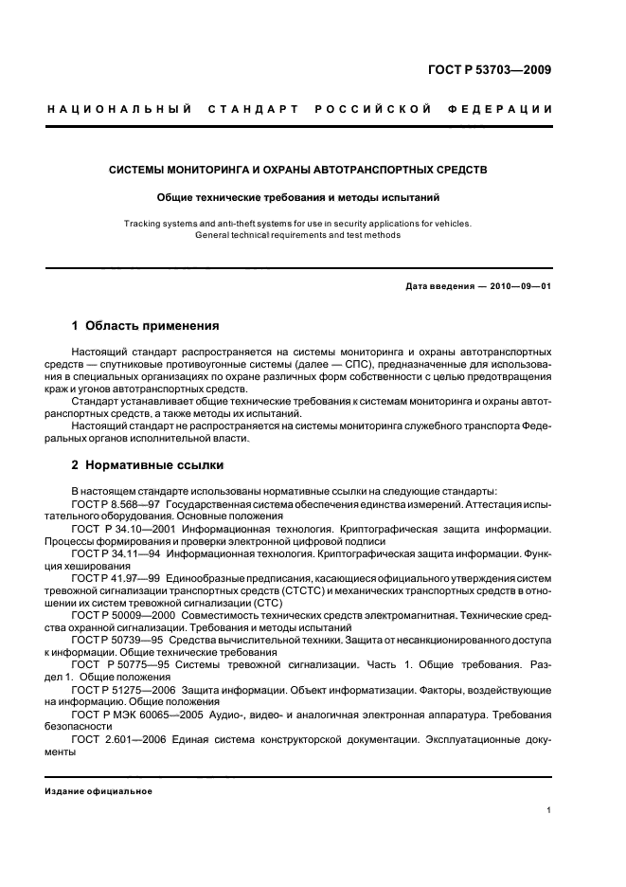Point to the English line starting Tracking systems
pos(298,224)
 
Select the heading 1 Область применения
pos(146,326)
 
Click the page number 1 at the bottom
pos(549,810)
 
